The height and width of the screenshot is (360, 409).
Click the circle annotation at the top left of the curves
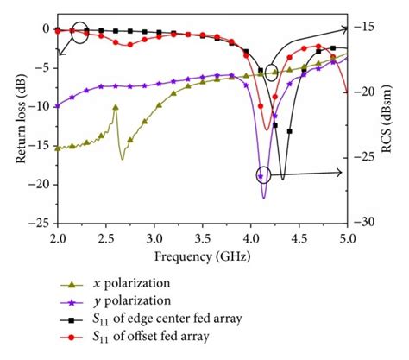coord(79,34)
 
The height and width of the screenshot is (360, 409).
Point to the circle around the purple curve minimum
coord(263,174)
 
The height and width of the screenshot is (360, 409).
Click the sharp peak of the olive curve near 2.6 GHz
coord(115,106)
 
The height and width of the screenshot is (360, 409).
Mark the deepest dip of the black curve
coord(282,179)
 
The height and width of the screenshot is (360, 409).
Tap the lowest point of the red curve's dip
coord(267,130)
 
